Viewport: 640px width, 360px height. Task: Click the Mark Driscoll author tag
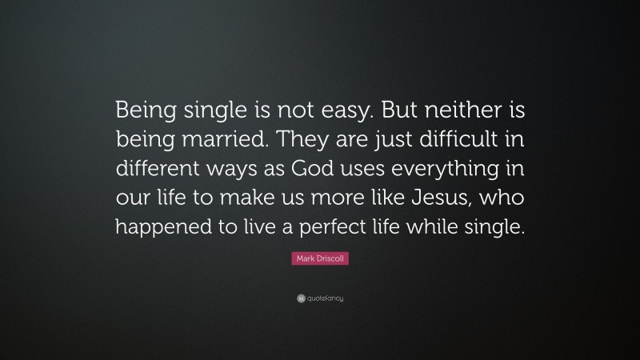(320, 260)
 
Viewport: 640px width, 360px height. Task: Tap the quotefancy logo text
(324, 298)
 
